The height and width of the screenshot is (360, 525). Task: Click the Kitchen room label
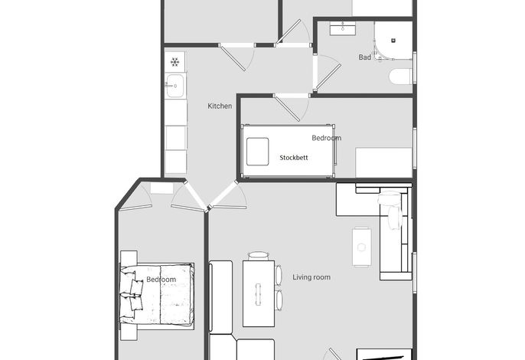[220, 106]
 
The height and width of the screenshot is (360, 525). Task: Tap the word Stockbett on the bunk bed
[294, 158]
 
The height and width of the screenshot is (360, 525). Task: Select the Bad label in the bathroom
[364, 57]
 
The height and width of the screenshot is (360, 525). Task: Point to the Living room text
[311, 277]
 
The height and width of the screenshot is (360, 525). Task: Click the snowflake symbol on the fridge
[174, 62]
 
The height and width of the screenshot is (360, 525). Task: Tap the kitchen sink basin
[175, 86]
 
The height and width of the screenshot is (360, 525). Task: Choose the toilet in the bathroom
[400, 77]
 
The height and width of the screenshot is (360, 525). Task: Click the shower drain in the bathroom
[393, 41]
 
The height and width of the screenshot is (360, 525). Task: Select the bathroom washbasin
[343, 29]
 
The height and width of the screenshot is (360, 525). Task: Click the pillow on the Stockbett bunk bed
[257, 152]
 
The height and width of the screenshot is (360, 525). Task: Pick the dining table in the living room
[259, 293]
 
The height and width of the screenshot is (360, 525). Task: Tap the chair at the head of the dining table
[259, 256]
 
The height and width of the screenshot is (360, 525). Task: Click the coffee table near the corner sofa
[361, 247]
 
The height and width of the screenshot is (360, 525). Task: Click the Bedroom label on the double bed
[161, 280]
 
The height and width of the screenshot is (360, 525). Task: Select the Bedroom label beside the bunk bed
[327, 138]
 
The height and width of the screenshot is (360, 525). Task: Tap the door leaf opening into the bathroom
[328, 77]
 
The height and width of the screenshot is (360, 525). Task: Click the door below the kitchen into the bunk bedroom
[287, 108]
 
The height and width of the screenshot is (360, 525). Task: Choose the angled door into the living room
[223, 195]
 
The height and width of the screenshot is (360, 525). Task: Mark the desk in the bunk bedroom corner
[383, 162]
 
